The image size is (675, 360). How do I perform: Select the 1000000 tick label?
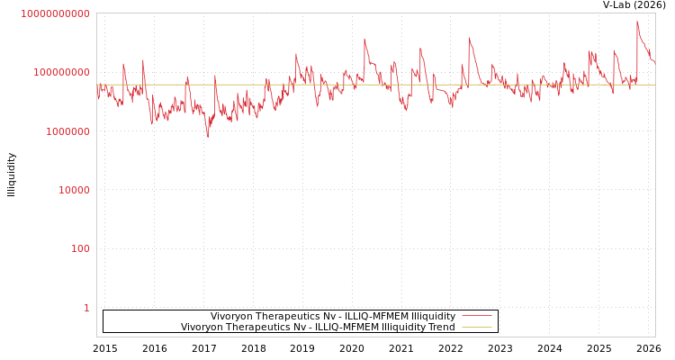pos(64,131)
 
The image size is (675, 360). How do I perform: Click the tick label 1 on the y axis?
pos(86,308)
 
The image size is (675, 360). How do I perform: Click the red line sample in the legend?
pos(476,316)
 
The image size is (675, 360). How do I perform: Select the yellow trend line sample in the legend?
pos(476,328)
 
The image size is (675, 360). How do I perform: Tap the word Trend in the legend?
pos(441,328)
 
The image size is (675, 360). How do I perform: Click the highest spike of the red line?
pos(637,22)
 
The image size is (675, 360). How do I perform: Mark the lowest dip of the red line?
pos(207,137)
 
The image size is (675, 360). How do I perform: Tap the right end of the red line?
pos(654,63)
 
